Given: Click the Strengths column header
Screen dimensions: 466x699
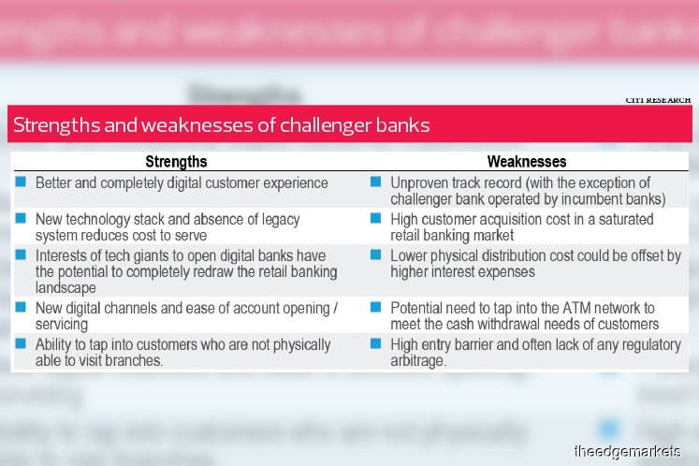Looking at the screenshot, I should [176, 162].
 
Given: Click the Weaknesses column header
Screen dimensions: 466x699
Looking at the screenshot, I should [527, 162].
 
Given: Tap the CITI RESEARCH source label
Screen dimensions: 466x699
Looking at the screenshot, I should [659, 99].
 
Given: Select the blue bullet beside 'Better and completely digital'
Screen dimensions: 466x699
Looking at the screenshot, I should [21, 182].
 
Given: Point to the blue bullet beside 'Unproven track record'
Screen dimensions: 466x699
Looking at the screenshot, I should [375, 182].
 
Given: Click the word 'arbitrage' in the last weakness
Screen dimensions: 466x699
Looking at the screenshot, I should [420, 361].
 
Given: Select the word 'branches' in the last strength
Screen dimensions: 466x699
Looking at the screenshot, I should [137, 361].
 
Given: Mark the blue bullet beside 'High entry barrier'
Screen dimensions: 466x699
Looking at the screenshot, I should [375, 344].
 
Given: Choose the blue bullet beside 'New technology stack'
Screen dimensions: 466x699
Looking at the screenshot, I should [21, 218].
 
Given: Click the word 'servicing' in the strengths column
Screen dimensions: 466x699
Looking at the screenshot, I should [63, 325].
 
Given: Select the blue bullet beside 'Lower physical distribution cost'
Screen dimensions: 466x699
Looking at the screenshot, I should [375, 255].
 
